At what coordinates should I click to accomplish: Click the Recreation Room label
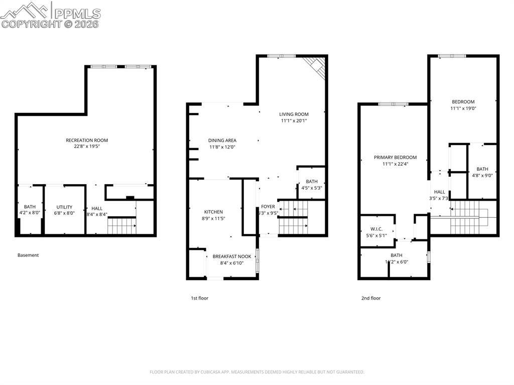(x=87, y=140)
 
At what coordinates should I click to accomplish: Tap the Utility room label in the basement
(x=64, y=207)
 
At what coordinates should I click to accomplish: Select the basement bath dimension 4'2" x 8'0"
(x=30, y=213)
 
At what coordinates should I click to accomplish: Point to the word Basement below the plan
(x=28, y=255)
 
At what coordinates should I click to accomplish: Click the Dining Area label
(x=222, y=141)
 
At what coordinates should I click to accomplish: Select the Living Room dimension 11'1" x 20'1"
(x=294, y=120)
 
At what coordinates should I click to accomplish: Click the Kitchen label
(x=213, y=212)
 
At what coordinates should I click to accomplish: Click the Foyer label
(x=268, y=206)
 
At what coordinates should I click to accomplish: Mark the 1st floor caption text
(x=199, y=298)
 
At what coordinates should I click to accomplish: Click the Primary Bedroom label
(x=395, y=157)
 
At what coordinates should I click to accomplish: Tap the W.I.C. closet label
(x=376, y=229)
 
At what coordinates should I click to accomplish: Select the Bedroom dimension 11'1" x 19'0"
(x=463, y=108)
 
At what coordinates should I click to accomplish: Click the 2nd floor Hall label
(x=439, y=192)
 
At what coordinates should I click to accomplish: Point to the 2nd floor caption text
(x=371, y=298)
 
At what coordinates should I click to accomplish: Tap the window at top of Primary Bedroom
(x=393, y=104)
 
